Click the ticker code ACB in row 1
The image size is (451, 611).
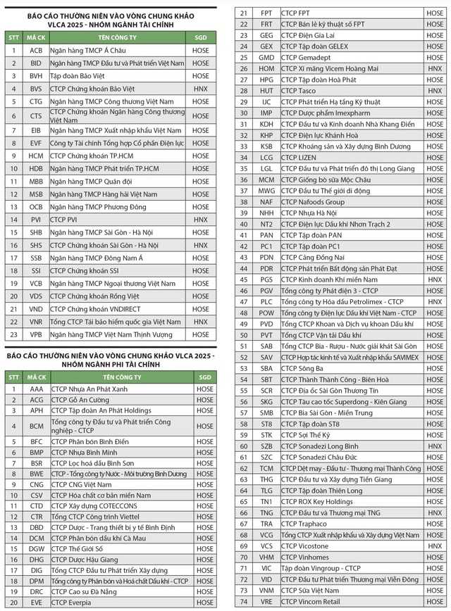[x=36, y=51]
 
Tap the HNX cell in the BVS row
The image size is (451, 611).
[x=201, y=89]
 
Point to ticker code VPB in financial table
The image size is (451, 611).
[x=36, y=334]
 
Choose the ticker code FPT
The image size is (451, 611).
[x=266, y=13]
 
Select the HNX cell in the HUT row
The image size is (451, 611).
[x=435, y=91]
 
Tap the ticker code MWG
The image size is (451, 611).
[x=266, y=191]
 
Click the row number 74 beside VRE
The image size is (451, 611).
[x=244, y=602]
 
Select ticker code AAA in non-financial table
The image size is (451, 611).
[x=36, y=388]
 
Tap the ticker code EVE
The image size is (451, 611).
[x=36, y=603]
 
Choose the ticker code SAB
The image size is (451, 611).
[x=266, y=346]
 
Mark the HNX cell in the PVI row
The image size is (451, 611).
[x=201, y=220]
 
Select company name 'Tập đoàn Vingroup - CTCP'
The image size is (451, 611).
[x=321, y=568]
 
